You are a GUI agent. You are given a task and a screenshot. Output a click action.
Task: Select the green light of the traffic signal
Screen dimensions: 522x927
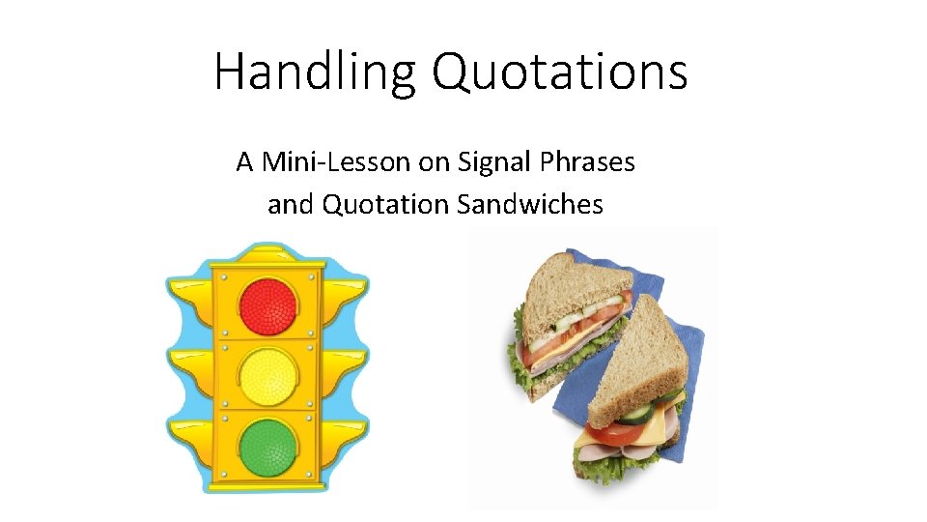pos(268,446)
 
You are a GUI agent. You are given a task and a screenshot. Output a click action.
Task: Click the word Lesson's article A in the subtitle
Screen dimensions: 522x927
pos(244,162)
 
